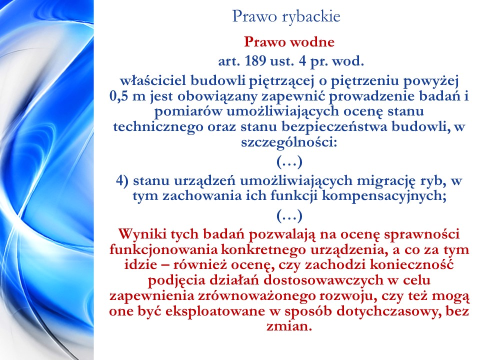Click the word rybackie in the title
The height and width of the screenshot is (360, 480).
pos(310,17)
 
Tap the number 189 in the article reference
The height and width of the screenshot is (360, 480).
pos(255,61)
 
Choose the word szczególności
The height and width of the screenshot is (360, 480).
pos(289,142)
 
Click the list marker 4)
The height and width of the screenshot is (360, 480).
pos(122,180)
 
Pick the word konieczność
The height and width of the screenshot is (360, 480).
pos(411,264)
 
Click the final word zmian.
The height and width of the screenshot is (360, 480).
pos(289,326)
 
